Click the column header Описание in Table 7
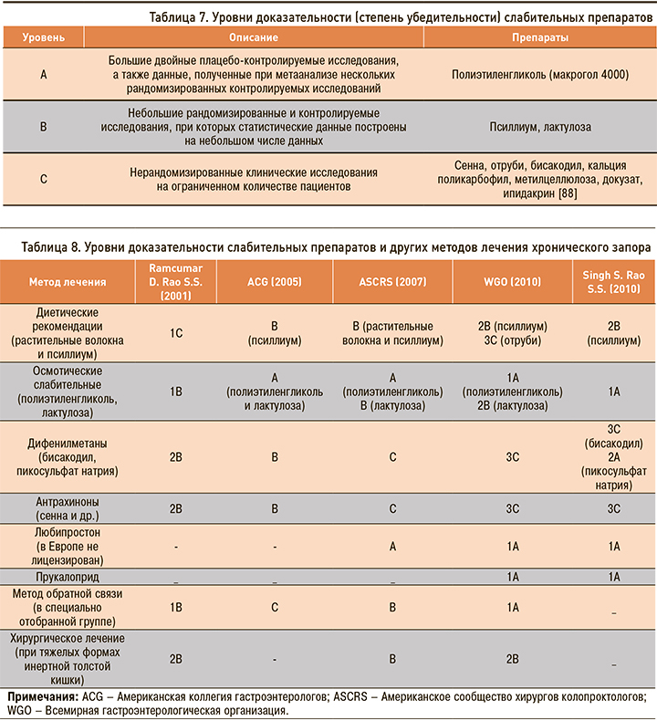click(x=255, y=39)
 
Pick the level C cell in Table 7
click(x=44, y=179)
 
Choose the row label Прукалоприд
click(x=67, y=577)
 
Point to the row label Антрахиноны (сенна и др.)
click(x=67, y=508)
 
